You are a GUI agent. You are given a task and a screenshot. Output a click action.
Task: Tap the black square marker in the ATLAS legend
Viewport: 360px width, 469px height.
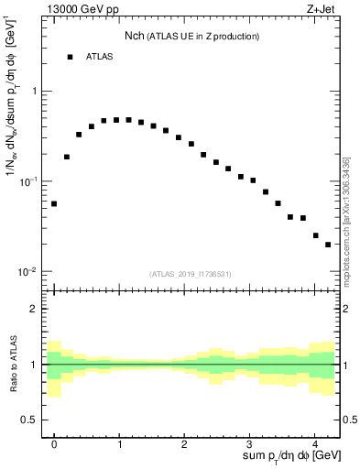(70, 57)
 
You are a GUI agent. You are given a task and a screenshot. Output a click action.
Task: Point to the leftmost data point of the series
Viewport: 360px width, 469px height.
(54, 203)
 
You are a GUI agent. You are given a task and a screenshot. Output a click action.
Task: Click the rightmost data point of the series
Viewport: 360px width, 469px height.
(328, 245)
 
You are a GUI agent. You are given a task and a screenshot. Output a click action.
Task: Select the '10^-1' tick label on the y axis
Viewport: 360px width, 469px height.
(31, 181)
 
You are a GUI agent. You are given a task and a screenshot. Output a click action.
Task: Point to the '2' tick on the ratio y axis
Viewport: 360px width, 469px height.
(36, 309)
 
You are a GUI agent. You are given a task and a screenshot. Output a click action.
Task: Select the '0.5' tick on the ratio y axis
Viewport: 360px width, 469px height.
(31, 420)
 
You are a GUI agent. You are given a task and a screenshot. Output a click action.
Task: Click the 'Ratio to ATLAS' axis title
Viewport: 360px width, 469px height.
(13, 365)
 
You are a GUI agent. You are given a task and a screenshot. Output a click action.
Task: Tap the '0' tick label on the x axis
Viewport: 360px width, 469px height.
(54, 442)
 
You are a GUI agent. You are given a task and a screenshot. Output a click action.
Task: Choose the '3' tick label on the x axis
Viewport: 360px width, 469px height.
(250, 442)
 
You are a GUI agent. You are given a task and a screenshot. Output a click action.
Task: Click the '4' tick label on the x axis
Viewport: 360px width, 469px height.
(315, 442)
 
